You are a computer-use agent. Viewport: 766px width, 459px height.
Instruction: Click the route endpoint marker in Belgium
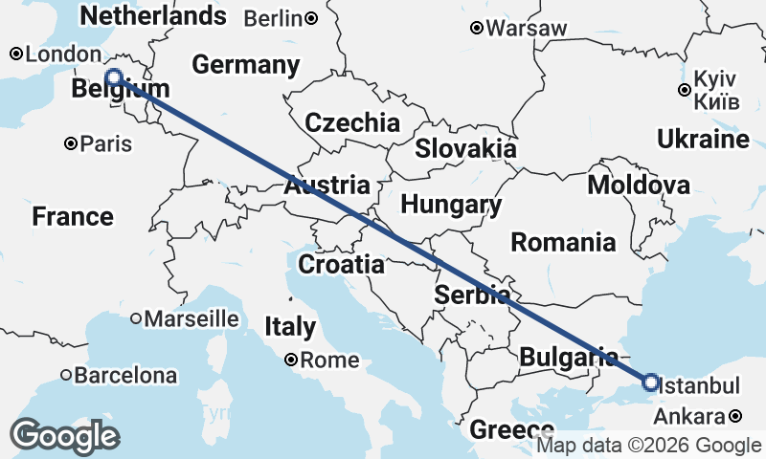(114, 77)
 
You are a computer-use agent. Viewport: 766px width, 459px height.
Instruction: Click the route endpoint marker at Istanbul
(651, 382)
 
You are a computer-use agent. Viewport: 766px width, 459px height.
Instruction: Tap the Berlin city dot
(312, 18)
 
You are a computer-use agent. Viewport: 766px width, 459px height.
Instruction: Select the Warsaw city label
(526, 29)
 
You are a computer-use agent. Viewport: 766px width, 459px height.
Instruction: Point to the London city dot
(16, 55)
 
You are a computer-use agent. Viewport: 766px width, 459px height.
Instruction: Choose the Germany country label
(246, 65)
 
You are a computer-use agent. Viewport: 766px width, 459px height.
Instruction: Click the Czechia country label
(352, 122)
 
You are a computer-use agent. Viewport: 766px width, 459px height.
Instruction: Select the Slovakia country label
(465, 149)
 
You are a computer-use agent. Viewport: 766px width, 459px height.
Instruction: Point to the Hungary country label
(451, 205)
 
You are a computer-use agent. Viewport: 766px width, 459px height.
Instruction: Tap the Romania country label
(563, 242)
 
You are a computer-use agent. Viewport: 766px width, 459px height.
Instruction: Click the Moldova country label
(639, 186)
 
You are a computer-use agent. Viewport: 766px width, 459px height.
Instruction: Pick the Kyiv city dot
(684, 91)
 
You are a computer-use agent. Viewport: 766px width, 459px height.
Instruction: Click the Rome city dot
(291, 361)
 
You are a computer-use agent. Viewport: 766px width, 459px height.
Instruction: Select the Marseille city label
(191, 317)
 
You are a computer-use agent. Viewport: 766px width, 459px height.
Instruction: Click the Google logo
(64, 436)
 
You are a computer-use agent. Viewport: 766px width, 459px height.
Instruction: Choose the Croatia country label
(342, 264)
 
